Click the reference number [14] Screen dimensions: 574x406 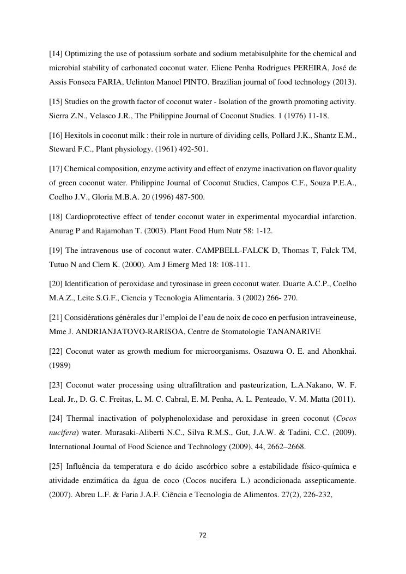56,54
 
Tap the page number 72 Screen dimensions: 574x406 203,535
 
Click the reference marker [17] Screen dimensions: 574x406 56,169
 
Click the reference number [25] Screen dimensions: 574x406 56,467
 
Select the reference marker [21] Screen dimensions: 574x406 56,317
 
